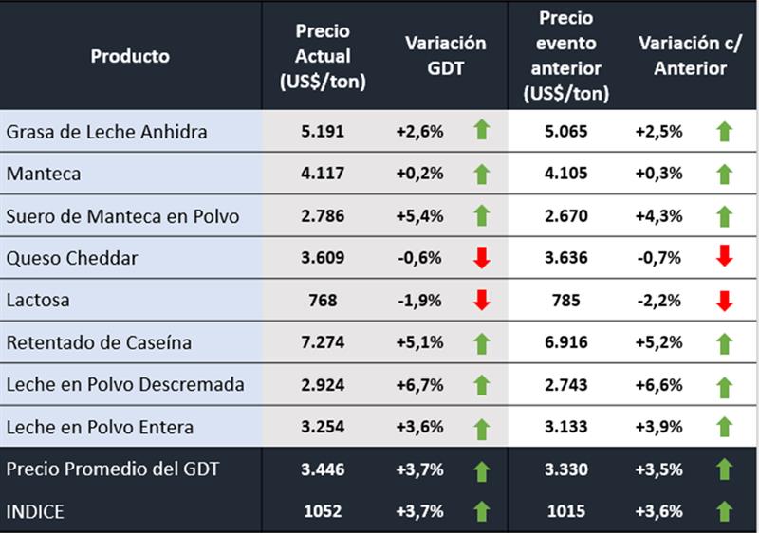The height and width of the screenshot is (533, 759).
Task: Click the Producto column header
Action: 130,56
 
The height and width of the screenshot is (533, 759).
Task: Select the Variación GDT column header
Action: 445,56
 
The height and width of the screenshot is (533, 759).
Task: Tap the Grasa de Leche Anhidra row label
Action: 106,131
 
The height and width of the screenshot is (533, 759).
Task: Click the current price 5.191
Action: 324,131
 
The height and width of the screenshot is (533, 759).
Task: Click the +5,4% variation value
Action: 419,216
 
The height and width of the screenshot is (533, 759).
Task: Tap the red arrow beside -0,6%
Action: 481,258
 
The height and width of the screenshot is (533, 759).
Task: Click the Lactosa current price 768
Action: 324,301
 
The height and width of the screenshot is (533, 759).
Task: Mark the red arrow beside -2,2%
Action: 725,301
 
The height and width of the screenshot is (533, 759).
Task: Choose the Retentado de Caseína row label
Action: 99,342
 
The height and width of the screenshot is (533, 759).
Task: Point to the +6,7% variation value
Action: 419,385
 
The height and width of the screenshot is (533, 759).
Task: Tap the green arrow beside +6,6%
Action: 725,385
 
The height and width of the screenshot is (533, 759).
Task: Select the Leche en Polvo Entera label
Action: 100,427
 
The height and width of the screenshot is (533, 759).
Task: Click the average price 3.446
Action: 324,469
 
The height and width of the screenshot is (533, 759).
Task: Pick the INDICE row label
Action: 35,511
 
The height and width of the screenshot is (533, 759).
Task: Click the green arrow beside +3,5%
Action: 725,469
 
